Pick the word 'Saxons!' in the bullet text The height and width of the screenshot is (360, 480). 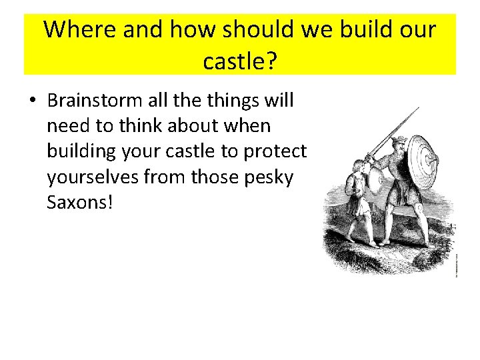coord(80,202)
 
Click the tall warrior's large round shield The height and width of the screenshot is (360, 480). coord(422,159)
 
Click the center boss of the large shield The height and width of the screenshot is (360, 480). coord(424,158)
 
